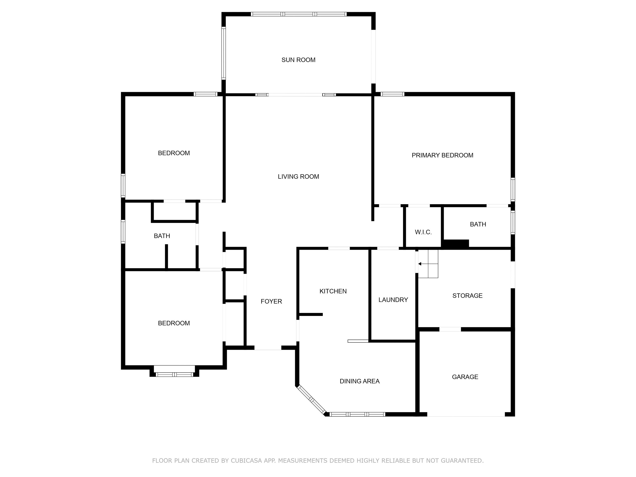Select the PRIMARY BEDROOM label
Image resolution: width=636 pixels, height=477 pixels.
[442, 155]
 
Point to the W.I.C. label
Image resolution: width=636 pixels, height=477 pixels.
[423, 232]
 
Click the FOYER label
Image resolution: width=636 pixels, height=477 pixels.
[271, 301]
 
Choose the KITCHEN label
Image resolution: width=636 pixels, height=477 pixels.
[333, 291]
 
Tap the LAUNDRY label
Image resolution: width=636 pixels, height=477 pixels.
[393, 300]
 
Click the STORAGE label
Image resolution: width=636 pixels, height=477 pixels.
[467, 296]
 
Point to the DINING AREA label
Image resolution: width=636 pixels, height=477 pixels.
[359, 381]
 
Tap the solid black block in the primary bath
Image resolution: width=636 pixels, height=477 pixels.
[455, 243]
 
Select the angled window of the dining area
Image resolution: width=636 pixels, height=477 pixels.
[311, 399]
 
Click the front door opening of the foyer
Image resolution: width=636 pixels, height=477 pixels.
[268, 348]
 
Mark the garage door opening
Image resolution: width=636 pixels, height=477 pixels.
[466, 414]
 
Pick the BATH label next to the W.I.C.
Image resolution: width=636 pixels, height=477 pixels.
[478, 224]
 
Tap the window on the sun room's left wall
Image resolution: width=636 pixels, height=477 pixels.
[223, 53]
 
